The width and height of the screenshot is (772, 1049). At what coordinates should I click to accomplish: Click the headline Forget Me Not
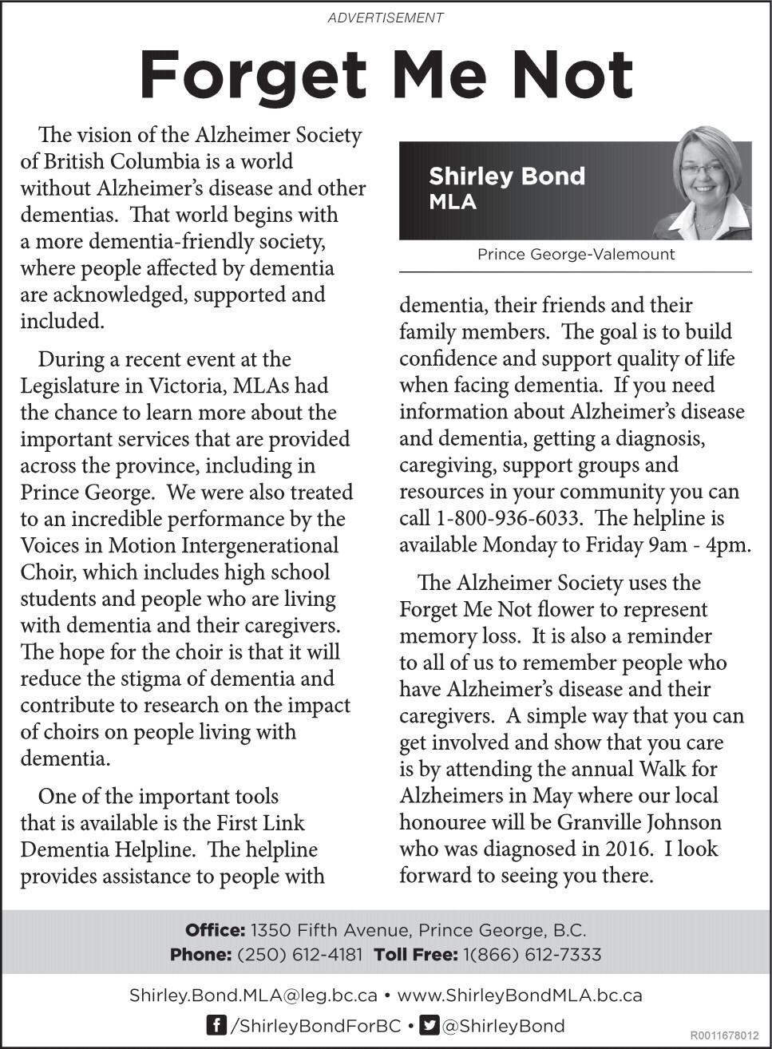click(386, 74)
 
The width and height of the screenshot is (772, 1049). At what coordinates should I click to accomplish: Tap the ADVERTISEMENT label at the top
click(386, 17)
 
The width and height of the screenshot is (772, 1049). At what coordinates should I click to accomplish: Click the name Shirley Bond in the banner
click(506, 176)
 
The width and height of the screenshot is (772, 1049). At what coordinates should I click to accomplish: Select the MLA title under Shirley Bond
click(453, 202)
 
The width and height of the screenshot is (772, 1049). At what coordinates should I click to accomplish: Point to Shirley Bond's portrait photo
click(707, 185)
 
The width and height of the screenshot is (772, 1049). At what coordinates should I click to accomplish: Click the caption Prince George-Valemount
click(576, 255)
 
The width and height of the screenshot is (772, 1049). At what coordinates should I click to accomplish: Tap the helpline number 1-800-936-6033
click(508, 518)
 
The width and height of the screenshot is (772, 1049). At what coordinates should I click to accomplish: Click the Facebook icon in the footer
click(216, 1025)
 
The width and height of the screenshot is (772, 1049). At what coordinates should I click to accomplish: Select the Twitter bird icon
click(430, 1025)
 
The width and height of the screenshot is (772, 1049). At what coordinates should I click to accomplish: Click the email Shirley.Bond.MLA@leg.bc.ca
click(253, 996)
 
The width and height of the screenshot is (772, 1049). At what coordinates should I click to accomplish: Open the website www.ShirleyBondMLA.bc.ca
click(519, 996)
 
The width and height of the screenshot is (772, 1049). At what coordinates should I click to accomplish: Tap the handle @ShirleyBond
click(503, 1026)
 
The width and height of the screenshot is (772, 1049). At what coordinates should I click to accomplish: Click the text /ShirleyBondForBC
click(315, 1026)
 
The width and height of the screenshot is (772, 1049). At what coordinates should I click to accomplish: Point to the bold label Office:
click(215, 930)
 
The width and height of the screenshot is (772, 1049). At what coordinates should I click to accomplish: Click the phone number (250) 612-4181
click(299, 955)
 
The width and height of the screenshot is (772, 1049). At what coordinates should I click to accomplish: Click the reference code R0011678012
click(724, 1035)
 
